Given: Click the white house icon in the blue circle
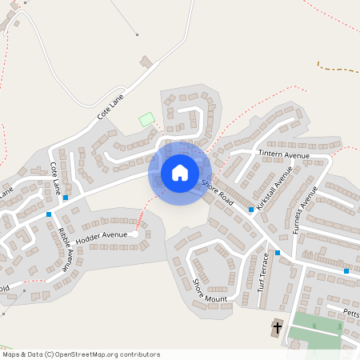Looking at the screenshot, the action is tap(180, 172).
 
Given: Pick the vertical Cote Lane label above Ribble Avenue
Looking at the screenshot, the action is tap(56, 178).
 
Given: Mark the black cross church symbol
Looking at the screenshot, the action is tap(278, 327).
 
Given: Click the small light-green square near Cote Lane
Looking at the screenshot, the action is tap(146, 119).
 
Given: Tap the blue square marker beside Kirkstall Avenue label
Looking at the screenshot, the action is tap(251, 210).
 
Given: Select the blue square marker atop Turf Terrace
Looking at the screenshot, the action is tap(278, 253).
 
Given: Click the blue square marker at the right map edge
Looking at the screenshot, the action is tap(346, 271).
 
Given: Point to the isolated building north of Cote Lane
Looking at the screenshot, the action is tap(146, 62).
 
